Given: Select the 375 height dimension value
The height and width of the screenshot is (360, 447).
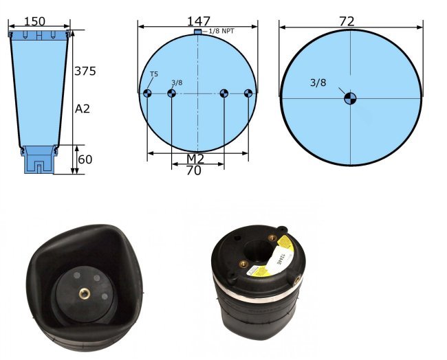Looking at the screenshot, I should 85,71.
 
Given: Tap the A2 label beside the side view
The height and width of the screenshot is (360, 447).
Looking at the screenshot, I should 83,109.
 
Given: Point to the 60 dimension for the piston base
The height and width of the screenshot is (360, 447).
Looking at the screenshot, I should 85,159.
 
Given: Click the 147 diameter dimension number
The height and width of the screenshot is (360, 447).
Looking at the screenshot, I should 198,21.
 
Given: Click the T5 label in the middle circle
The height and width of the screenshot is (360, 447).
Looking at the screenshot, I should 153,75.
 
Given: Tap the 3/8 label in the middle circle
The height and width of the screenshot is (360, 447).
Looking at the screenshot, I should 177,82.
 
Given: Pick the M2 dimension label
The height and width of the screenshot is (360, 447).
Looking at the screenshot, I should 195,159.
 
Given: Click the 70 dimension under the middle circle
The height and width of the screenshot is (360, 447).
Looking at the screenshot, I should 194,171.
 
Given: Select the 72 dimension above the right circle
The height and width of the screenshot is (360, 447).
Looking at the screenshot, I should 347,21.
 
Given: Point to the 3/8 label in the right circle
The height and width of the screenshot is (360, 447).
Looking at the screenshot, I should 318,82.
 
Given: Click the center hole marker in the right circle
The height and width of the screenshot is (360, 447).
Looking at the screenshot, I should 350,98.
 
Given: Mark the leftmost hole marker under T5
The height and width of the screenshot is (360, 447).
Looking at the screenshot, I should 147,93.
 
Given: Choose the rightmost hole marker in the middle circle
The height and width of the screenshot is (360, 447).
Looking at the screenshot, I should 248,93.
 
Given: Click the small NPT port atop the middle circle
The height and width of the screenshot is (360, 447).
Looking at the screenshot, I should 198,32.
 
